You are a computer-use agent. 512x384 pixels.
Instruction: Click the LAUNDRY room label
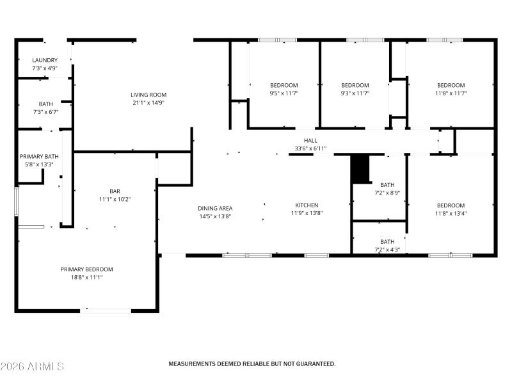pyautogui.click(x=45, y=60)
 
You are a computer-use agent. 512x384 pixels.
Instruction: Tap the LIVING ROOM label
pyautogui.click(x=148, y=94)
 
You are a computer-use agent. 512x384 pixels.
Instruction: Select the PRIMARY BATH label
pyautogui.click(x=40, y=156)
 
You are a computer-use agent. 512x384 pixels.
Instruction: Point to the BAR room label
pyautogui.click(x=115, y=191)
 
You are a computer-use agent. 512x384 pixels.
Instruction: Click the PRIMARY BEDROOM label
pyautogui.click(x=87, y=269)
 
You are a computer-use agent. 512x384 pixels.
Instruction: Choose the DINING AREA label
pyautogui.click(x=214, y=208)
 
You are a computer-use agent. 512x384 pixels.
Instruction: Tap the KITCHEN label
pyautogui.click(x=307, y=205)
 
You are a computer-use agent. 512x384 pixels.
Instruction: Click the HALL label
pyautogui.click(x=310, y=141)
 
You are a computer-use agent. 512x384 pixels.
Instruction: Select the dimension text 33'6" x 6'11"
pyautogui.click(x=310, y=148)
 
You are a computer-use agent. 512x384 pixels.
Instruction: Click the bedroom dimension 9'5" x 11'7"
pyautogui.click(x=284, y=93)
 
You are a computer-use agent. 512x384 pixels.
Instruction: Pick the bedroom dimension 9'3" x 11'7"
pyautogui.click(x=355, y=93)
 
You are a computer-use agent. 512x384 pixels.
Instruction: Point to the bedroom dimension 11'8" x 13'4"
pyautogui.click(x=451, y=214)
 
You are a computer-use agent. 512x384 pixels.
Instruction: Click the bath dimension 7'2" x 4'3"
pyautogui.click(x=387, y=250)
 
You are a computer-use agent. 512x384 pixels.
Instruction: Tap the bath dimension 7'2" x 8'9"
pyautogui.click(x=387, y=193)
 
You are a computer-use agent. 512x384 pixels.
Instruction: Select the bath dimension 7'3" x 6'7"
pyautogui.click(x=45, y=112)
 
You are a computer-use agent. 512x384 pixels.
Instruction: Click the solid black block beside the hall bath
pyautogui.click(x=362, y=168)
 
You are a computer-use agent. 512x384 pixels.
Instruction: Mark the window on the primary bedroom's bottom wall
pyautogui.click(x=106, y=311)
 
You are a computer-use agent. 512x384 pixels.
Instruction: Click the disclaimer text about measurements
pyautogui.click(x=252, y=364)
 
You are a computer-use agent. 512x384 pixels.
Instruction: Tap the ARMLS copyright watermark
pyautogui.click(x=32, y=367)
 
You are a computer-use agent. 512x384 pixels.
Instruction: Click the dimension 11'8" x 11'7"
pyautogui.click(x=451, y=93)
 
